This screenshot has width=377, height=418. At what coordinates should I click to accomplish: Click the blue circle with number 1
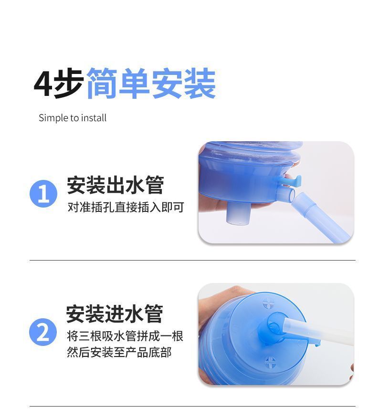pos(43,194)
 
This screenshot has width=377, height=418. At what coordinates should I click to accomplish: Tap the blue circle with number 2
pos(43,332)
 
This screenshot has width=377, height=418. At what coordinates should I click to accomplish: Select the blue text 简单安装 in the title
pos(151,83)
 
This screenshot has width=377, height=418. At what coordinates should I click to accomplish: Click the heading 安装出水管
pos(115,185)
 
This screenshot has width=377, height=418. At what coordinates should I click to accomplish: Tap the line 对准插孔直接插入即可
pos(126,207)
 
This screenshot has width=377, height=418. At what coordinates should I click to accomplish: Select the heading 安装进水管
pos(115,314)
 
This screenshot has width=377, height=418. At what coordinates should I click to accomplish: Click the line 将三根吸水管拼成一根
pos(125,336)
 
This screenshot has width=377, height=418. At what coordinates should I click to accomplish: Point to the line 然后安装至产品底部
pos(119,353)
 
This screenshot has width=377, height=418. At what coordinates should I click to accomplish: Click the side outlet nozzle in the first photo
pos(286,195)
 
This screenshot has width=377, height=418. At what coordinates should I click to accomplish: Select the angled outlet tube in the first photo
pos(321,217)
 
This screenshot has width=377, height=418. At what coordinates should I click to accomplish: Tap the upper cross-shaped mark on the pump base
pos(269,303)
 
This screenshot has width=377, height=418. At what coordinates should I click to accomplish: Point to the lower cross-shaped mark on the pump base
pos(270,363)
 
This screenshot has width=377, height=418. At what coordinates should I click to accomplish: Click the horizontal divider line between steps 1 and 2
pos(192,260)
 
